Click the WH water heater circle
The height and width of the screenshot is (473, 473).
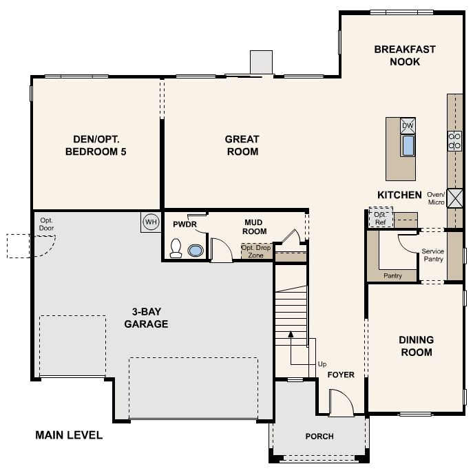(x=151, y=222)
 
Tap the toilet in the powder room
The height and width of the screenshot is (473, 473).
(x=176, y=249)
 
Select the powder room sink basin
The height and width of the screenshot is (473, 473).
(x=196, y=251)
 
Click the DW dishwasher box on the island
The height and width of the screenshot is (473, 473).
(x=408, y=126)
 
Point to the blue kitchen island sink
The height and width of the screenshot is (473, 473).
(x=408, y=145)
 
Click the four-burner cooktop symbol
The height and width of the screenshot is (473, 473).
(x=454, y=141)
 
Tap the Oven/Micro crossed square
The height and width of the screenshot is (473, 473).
(x=454, y=198)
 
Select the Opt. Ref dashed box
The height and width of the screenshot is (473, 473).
(x=381, y=217)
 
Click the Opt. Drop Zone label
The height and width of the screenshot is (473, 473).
(x=256, y=251)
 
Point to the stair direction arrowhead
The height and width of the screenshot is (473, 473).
(x=291, y=334)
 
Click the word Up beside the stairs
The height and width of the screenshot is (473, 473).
(x=322, y=364)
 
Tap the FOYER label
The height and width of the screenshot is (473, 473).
(x=341, y=375)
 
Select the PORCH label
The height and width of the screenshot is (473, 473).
(x=319, y=437)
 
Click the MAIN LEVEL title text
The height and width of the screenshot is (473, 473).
(x=69, y=435)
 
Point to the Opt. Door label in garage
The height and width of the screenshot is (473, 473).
(x=46, y=224)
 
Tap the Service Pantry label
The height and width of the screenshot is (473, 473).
(x=433, y=255)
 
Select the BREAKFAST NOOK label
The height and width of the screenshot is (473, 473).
(x=405, y=56)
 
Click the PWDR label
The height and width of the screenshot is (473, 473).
(x=185, y=224)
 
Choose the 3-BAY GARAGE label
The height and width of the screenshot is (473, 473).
(x=146, y=317)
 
